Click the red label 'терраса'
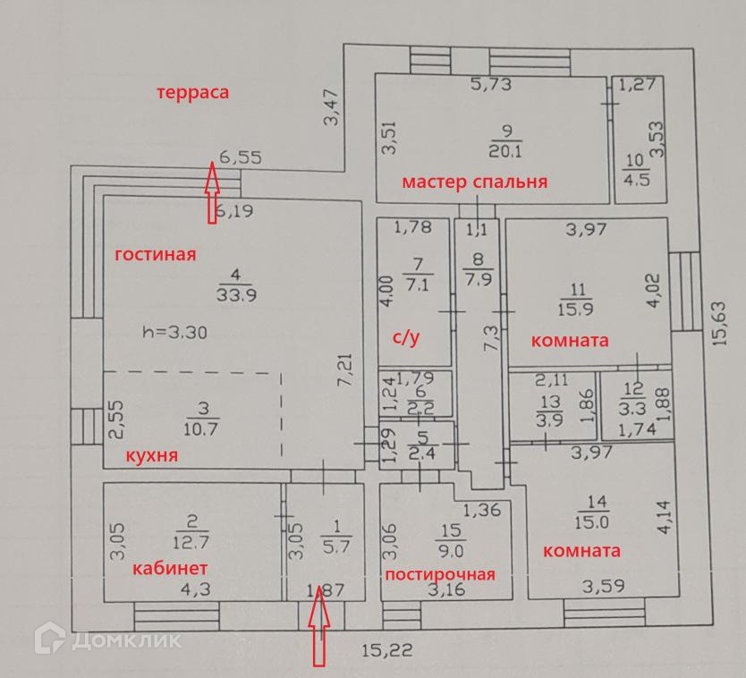[x=192, y=92]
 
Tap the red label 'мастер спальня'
[x=475, y=182]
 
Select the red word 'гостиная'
[x=156, y=255]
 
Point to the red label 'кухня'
[x=152, y=456]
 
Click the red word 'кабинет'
[x=170, y=568]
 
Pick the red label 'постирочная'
[x=440, y=574]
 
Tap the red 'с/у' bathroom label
[x=406, y=337]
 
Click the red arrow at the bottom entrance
[x=318, y=625]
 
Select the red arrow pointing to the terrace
[x=212, y=192]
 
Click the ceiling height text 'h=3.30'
[x=175, y=332]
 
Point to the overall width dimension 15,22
[x=386, y=650]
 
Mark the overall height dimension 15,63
[x=719, y=324]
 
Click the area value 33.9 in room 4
[x=236, y=295]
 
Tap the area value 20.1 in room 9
[x=505, y=151]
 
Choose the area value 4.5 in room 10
[x=637, y=180]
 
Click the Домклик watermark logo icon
[x=49, y=637]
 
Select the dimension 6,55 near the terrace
[x=241, y=157]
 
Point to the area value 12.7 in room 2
[x=191, y=542]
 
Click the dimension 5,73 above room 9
[x=491, y=84]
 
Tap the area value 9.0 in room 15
[x=451, y=551]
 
